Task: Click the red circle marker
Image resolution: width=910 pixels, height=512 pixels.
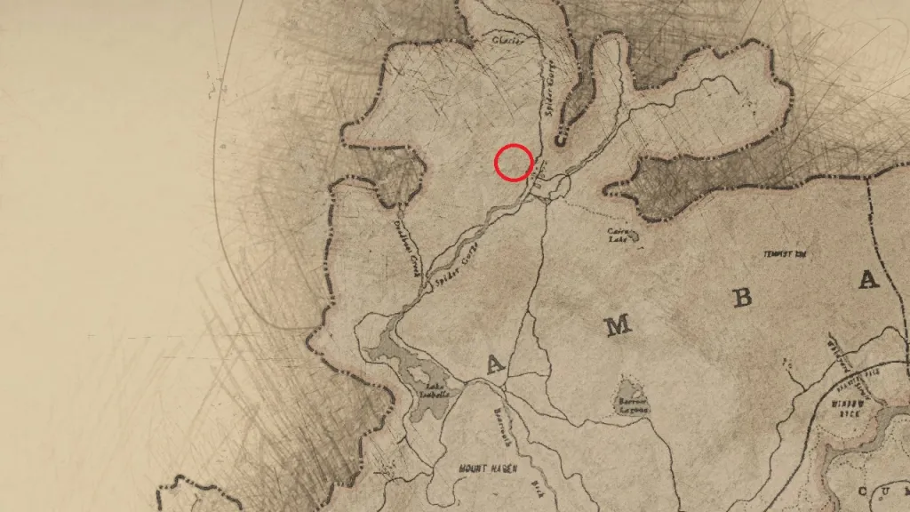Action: coord(514,162)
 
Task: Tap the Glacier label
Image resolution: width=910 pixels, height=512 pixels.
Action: coord(507,40)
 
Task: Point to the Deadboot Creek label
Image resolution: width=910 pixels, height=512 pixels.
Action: coord(410,250)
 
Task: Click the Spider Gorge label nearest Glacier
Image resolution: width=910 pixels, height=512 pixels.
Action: coord(549,95)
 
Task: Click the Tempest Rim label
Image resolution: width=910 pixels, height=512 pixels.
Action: coord(783,254)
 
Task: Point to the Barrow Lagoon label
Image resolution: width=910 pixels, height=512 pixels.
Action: coord(631,405)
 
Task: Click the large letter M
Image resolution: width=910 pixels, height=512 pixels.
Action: coord(618,325)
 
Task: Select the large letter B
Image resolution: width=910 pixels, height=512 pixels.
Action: coord(741,298)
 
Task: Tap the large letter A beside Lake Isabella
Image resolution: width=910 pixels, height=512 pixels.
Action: coord(494,362)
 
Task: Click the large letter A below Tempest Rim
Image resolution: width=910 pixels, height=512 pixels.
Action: coord(866,281)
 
